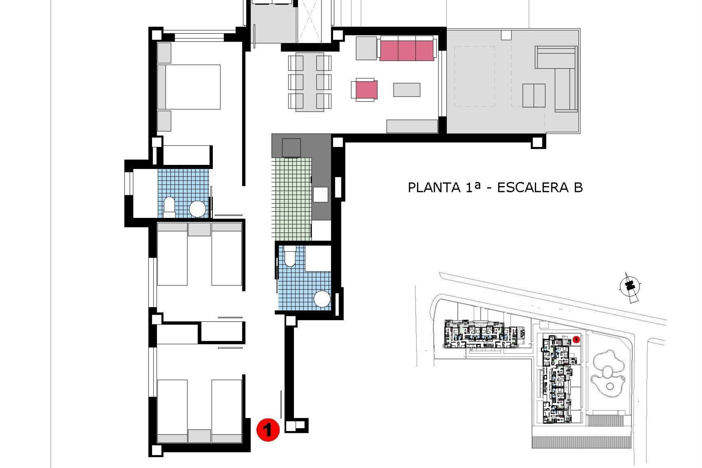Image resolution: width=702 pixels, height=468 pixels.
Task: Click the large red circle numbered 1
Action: point(268,430)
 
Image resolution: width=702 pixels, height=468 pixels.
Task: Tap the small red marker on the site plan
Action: point(576,340)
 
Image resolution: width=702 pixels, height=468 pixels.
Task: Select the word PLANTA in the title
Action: point(434,188)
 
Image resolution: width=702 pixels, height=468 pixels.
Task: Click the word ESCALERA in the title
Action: point(533,188)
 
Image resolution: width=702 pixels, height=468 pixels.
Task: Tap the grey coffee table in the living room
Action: point(407,90)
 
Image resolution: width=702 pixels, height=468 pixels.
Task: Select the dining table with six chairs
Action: point(310,82)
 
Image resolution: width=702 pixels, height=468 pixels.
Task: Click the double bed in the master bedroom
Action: point(189,87)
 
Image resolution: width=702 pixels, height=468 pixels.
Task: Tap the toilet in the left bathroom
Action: point(169,205)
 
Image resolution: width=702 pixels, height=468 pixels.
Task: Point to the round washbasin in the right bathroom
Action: point(322,299)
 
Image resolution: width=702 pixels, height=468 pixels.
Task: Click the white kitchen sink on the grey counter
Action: point(320,194)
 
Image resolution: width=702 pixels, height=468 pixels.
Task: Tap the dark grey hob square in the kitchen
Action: point(291,148)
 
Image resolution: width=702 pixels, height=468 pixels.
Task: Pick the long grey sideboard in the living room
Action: point(412,126)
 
